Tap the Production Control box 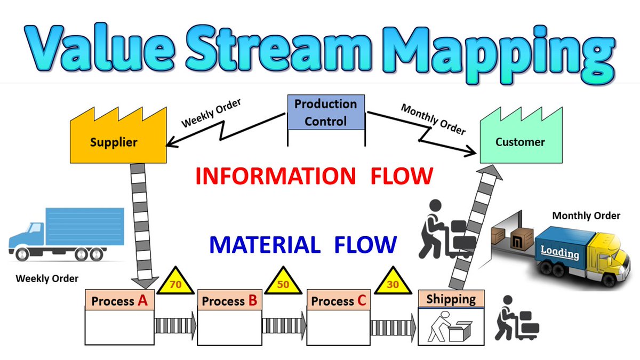326,113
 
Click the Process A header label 119,301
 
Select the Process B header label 230,301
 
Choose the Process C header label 339,301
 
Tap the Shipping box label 451,299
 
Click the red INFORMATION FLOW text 313,176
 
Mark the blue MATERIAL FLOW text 302,244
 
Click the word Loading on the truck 559,252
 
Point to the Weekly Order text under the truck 47,278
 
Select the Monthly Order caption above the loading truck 586,216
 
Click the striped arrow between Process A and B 175,325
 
